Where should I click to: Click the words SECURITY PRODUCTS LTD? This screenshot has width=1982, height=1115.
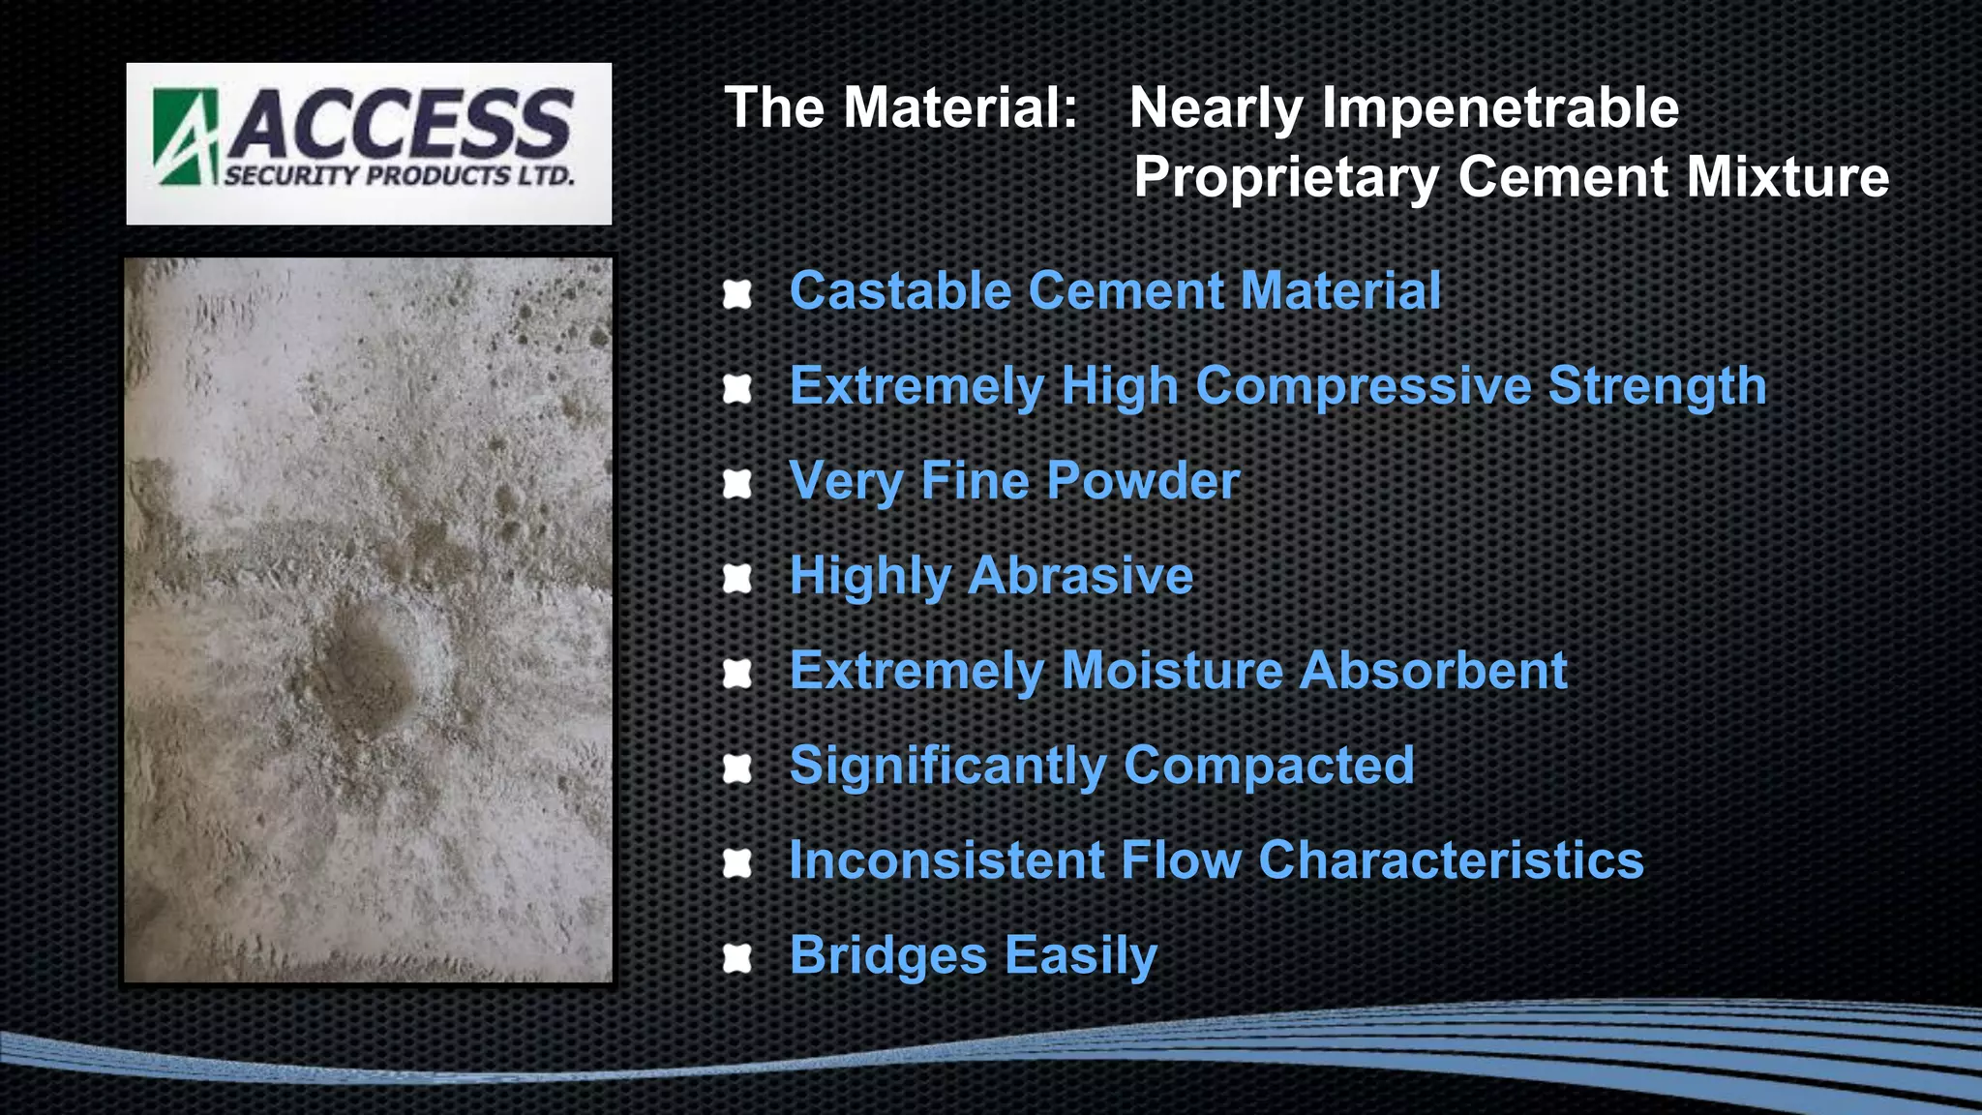point(400,176)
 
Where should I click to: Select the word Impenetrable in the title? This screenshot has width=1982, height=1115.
point(1500,107)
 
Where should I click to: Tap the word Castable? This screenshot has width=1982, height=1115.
point(900,290)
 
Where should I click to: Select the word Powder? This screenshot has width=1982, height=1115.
point(1143,480)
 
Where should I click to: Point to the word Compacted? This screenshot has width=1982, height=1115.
point(1269,765)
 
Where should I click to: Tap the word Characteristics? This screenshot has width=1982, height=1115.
point(1451,859)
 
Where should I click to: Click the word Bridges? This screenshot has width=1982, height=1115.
point(888,955)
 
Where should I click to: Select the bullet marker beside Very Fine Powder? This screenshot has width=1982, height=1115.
point(737,483)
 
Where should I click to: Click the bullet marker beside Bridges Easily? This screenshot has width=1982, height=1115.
point(737,958)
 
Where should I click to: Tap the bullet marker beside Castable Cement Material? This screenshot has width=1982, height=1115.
point(737,293)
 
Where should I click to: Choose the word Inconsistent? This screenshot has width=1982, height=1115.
point(946,859)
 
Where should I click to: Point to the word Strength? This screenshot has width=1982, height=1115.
point(1657,385)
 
